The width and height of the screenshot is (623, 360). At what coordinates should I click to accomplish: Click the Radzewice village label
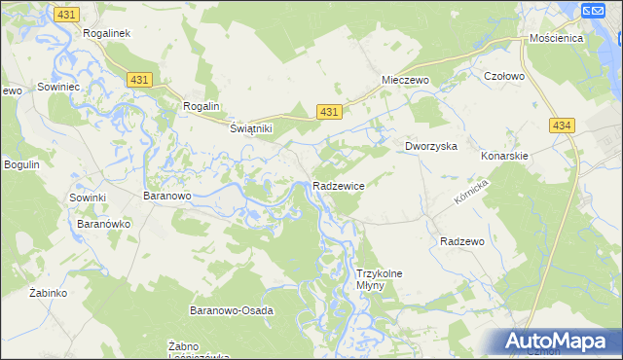338,185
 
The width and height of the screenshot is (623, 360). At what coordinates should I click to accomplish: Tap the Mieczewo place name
406,81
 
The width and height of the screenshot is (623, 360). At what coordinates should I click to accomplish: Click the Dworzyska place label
431,146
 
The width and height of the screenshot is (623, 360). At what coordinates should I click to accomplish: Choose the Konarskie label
504,156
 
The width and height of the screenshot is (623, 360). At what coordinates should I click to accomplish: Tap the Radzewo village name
462,240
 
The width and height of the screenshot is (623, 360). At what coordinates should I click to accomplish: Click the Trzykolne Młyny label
380,280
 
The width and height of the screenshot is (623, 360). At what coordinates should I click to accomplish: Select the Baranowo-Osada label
231,310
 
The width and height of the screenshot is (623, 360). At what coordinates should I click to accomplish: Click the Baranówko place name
103,223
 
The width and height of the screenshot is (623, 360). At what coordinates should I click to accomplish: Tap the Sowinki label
87,198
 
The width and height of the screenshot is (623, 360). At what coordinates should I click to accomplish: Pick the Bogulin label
21,164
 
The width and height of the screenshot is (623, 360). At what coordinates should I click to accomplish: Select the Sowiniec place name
57,87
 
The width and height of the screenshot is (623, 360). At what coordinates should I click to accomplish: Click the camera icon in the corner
594,11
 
